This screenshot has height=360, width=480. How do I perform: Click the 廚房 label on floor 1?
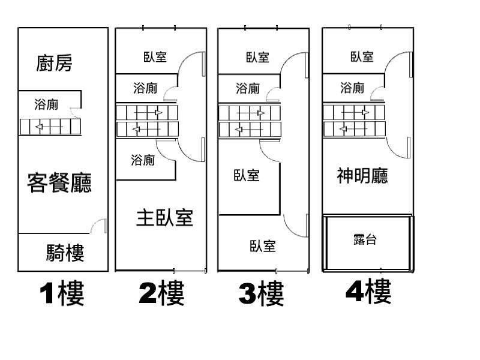(55, 62)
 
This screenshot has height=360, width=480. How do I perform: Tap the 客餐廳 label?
(59, 182)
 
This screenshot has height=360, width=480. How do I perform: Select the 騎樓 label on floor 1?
(65, 253)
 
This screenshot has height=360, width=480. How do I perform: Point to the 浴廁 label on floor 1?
(46, 104)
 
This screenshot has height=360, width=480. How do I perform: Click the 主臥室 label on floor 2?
(164, 217)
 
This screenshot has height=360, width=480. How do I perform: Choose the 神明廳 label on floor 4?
(362, 175)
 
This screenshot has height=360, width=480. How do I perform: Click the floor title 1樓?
(62, 294)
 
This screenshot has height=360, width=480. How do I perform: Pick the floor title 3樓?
(261, 294)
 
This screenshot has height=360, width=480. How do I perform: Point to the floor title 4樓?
(368, 292)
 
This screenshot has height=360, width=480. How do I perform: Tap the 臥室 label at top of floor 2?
(155, 57)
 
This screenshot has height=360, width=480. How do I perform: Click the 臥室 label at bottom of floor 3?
(263, 245)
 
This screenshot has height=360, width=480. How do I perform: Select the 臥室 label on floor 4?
(362, 56)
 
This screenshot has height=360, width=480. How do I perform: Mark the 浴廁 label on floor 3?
(248, 89)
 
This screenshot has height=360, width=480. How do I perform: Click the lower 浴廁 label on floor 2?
(143, 160)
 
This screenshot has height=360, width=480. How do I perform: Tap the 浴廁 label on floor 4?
(352, 89)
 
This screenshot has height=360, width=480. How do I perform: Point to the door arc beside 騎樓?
(99, 226)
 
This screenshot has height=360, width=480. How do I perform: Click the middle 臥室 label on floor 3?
(247, 175)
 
